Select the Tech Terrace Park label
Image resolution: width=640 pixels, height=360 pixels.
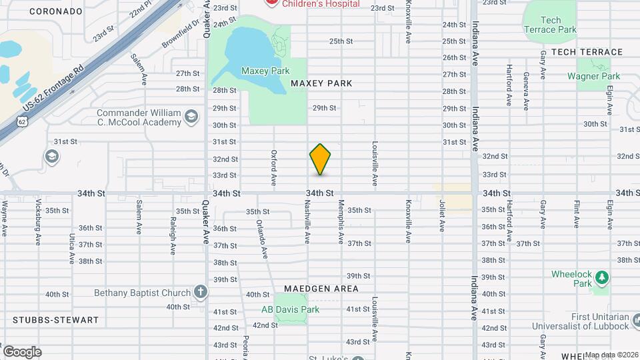pos(550,25)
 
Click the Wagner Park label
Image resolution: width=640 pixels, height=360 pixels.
pos(593,77)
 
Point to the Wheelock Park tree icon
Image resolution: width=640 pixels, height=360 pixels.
pos(601,276)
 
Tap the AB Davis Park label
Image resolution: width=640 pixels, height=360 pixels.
pos(290,309)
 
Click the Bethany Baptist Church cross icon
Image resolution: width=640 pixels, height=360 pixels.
pos(200,292)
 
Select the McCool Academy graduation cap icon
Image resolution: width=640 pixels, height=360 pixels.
pos(191,117)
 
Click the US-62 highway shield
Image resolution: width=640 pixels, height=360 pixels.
pos(23,122)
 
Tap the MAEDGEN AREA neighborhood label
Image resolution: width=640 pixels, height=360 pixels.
pos(321,289)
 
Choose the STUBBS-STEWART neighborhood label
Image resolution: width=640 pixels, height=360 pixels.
pos(50,320)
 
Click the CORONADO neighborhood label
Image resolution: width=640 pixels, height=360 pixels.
pos(55,11)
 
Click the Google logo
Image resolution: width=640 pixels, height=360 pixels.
pos(22,351)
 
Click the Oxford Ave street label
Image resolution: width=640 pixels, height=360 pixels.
pos(273,167)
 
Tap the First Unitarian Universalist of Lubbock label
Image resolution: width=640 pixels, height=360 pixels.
pos(580,321)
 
